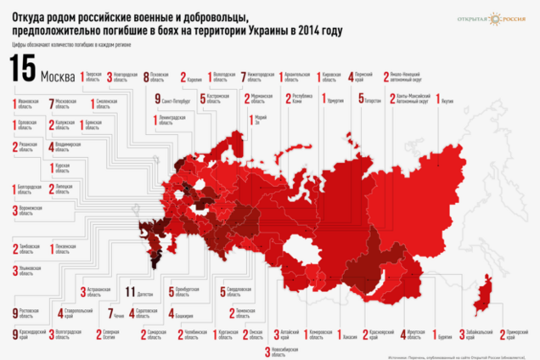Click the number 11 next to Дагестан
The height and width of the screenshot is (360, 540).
[129, 291]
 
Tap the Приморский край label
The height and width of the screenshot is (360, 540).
[520, 333]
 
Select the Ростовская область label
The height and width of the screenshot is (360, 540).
[30, 313]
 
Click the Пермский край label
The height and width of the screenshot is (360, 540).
[364, 77]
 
